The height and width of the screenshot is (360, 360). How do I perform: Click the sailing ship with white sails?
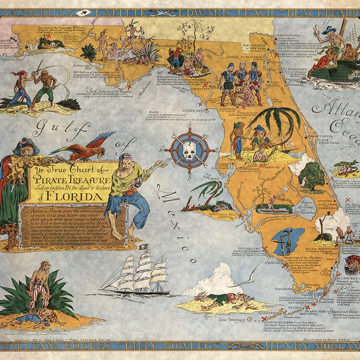(x=136, y=275)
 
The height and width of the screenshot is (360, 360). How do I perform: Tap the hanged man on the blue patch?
(x=284, y=241)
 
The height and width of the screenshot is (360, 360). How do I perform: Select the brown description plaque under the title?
(x=72, y=225)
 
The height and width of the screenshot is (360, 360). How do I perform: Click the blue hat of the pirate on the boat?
(x=329, y=29)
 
